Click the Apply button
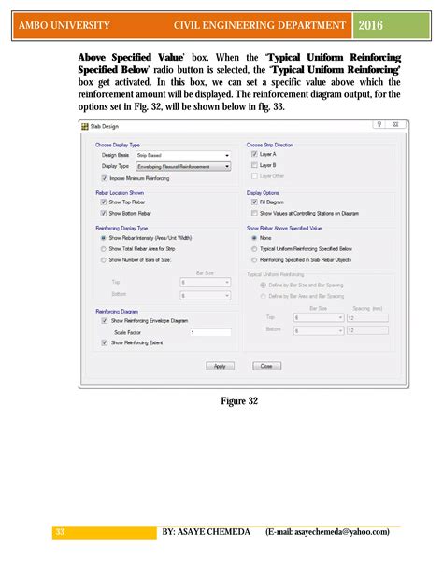(219, 366)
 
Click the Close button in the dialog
(266, 366)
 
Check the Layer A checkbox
(254, 155)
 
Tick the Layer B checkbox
(254, 165)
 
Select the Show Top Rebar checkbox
(104, 202)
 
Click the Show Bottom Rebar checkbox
(104, 213)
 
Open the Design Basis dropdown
(189, 155)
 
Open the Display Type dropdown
(189, 166)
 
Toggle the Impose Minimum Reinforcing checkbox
(104, 177)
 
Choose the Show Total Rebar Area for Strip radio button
(104, 249)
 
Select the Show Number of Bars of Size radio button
(104, 260)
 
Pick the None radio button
(254, 238)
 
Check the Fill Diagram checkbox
(254, 202)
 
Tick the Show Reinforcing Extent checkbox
(104, 342)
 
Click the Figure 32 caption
(239, 400)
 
